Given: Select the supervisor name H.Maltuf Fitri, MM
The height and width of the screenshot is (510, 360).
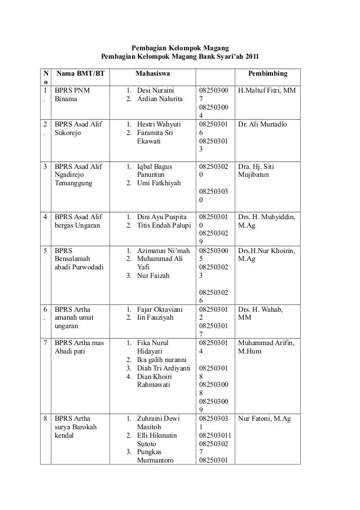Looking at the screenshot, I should click(x=267, y=90).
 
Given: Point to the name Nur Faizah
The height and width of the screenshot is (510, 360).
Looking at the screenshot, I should click(x=153, y=276).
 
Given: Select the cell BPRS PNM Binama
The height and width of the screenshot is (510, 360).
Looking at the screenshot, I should click(x=71, y=94).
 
